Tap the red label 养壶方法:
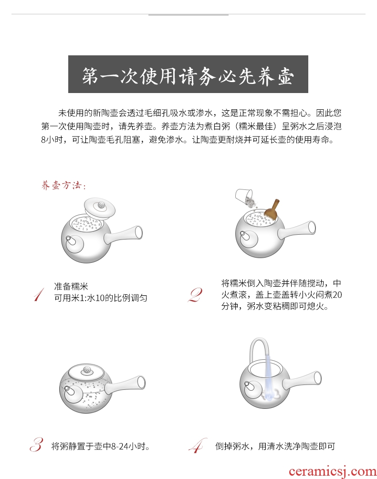tap(63, 185)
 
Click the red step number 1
tap(39, 294)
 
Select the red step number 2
tap(195, 295)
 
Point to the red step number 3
tap(37, 445)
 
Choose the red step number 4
tap(197, 446)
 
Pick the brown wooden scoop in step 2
tap(272, 209)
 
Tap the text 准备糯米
tap(71, 286)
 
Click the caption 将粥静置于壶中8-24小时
tap(101, 446)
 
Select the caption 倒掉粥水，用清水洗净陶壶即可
tap(275, 446)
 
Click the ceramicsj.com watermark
tap(333, 471)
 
